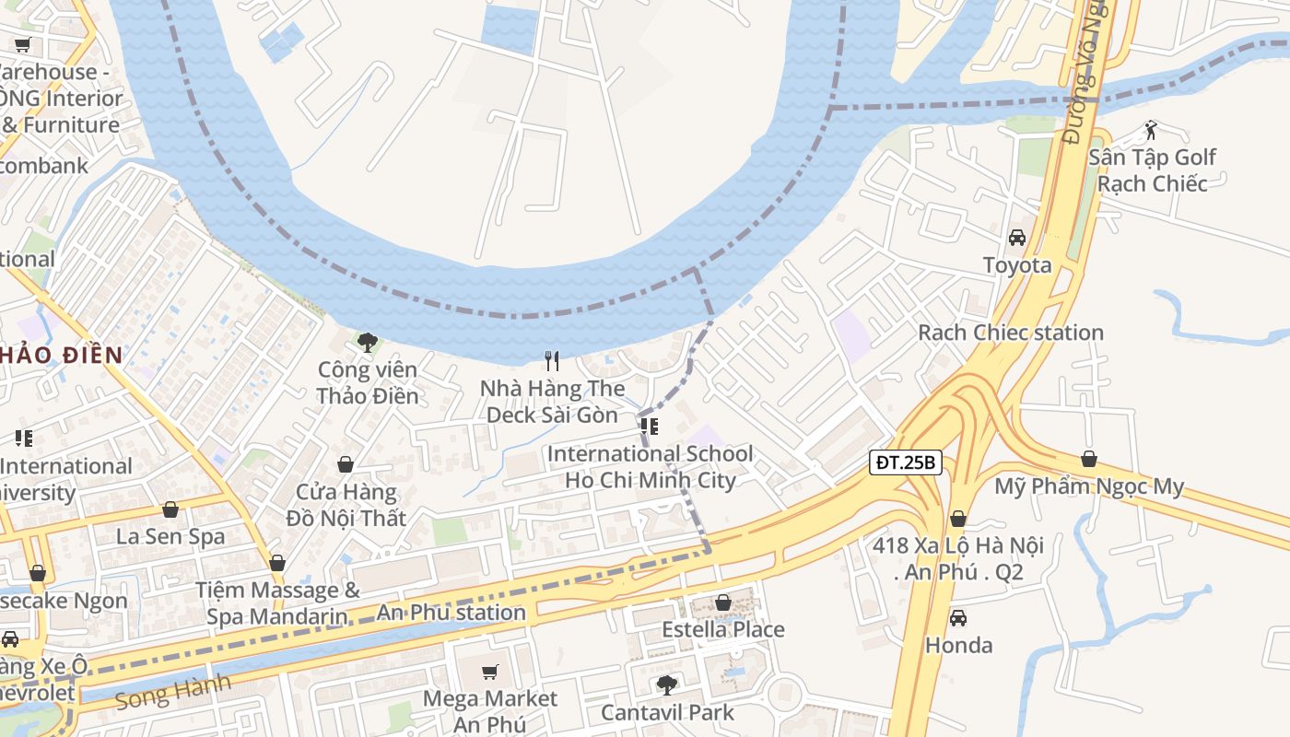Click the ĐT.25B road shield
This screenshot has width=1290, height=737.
point(905,462)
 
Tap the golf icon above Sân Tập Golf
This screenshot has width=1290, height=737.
point(1150,129)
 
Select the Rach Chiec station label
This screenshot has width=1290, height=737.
point(1010,333)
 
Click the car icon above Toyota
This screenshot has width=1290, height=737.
point(1017,238)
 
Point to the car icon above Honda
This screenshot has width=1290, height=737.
point(958,618)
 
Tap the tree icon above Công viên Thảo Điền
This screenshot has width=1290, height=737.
point(368,343)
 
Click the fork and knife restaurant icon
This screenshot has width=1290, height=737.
point(552,361)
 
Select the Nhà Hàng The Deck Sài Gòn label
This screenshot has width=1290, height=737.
point(552,402)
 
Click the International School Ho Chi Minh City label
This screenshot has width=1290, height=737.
point(650,467)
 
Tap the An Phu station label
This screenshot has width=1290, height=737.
point(451,613)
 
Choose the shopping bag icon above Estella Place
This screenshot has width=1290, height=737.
point(723,602)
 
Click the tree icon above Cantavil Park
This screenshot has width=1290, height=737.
point(666,685)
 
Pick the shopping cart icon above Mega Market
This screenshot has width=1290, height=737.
point(490,672)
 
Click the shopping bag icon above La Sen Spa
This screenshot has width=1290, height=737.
point(170,509)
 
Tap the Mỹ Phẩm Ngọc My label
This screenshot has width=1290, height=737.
point(1089,486)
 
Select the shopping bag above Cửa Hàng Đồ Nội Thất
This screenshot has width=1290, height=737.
point(346,464)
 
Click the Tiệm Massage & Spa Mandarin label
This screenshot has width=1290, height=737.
point(277,602)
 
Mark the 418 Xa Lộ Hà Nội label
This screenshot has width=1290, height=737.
point(958,558)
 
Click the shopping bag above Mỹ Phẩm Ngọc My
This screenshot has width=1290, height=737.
point(1089,459)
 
